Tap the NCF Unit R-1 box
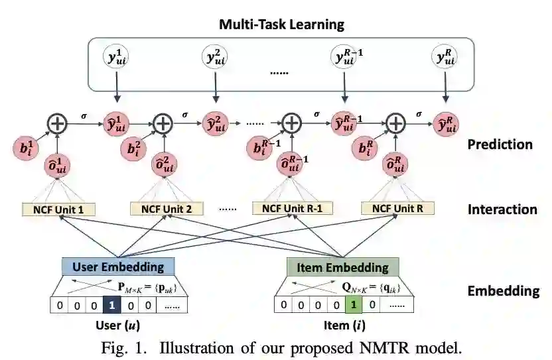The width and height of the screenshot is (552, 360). [x=293, y=210]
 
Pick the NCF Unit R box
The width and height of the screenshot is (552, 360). [x=397, y=210]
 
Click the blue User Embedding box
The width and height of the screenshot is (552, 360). [x=118, y=267]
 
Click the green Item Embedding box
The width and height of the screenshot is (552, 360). [x=342, y=267]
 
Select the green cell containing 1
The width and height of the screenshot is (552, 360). [x=354, y=305]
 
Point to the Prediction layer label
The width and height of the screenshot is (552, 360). [x=500, y=144]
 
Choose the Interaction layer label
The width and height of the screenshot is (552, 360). [x=502, y=210]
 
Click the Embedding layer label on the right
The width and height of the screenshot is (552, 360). [x=504, y=291]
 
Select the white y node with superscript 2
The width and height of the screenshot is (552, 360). [x=214, y=58]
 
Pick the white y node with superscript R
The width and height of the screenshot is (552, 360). [x=445, y=58]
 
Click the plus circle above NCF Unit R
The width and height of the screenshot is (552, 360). [x=396, y=123]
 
